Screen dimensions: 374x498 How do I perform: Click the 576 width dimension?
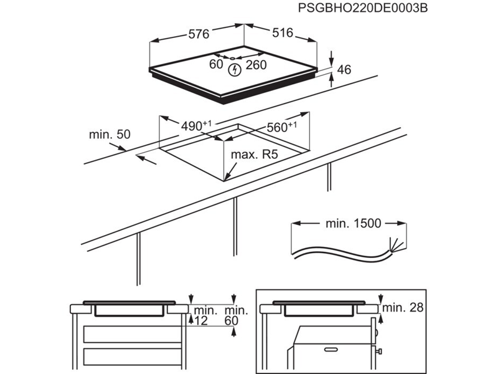pos(199,34)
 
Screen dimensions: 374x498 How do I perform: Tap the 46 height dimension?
pos(344,70)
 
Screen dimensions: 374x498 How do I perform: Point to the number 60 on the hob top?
pos(215,64)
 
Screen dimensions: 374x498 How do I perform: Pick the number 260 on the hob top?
pos(256,64)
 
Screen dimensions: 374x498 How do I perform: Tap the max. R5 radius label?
pos(253,155)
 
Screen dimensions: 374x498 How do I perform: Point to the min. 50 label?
pos(110,134)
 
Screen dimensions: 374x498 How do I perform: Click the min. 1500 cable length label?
pos(352,223)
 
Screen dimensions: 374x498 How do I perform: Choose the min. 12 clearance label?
pos(204,315)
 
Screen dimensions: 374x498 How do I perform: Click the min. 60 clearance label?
pos(236,315)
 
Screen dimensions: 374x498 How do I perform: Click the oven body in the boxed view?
pos(329,349)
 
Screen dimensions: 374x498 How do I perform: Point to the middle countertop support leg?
pos(235,228)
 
